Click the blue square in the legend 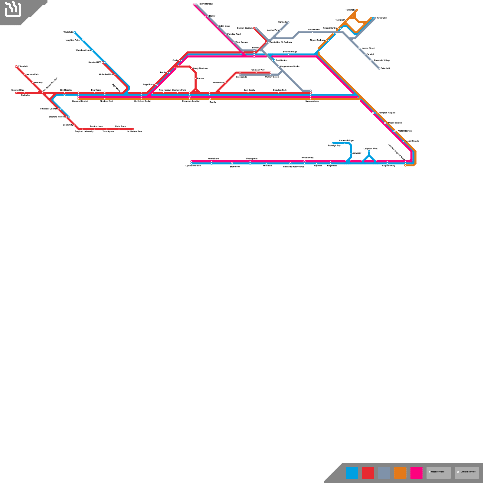352,473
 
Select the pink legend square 416,473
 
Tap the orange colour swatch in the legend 400,473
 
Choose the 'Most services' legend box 438,473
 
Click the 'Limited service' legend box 467,473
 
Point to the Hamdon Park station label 32,74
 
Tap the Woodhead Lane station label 83,50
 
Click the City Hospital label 66,90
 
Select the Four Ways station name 96,90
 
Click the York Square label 108,132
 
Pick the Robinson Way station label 257,70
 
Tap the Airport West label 314,30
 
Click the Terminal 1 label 340,20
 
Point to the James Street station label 368,48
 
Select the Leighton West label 370,149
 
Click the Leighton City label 389,166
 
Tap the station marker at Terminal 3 357,10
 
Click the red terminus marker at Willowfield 16,67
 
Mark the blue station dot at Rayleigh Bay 332,143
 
